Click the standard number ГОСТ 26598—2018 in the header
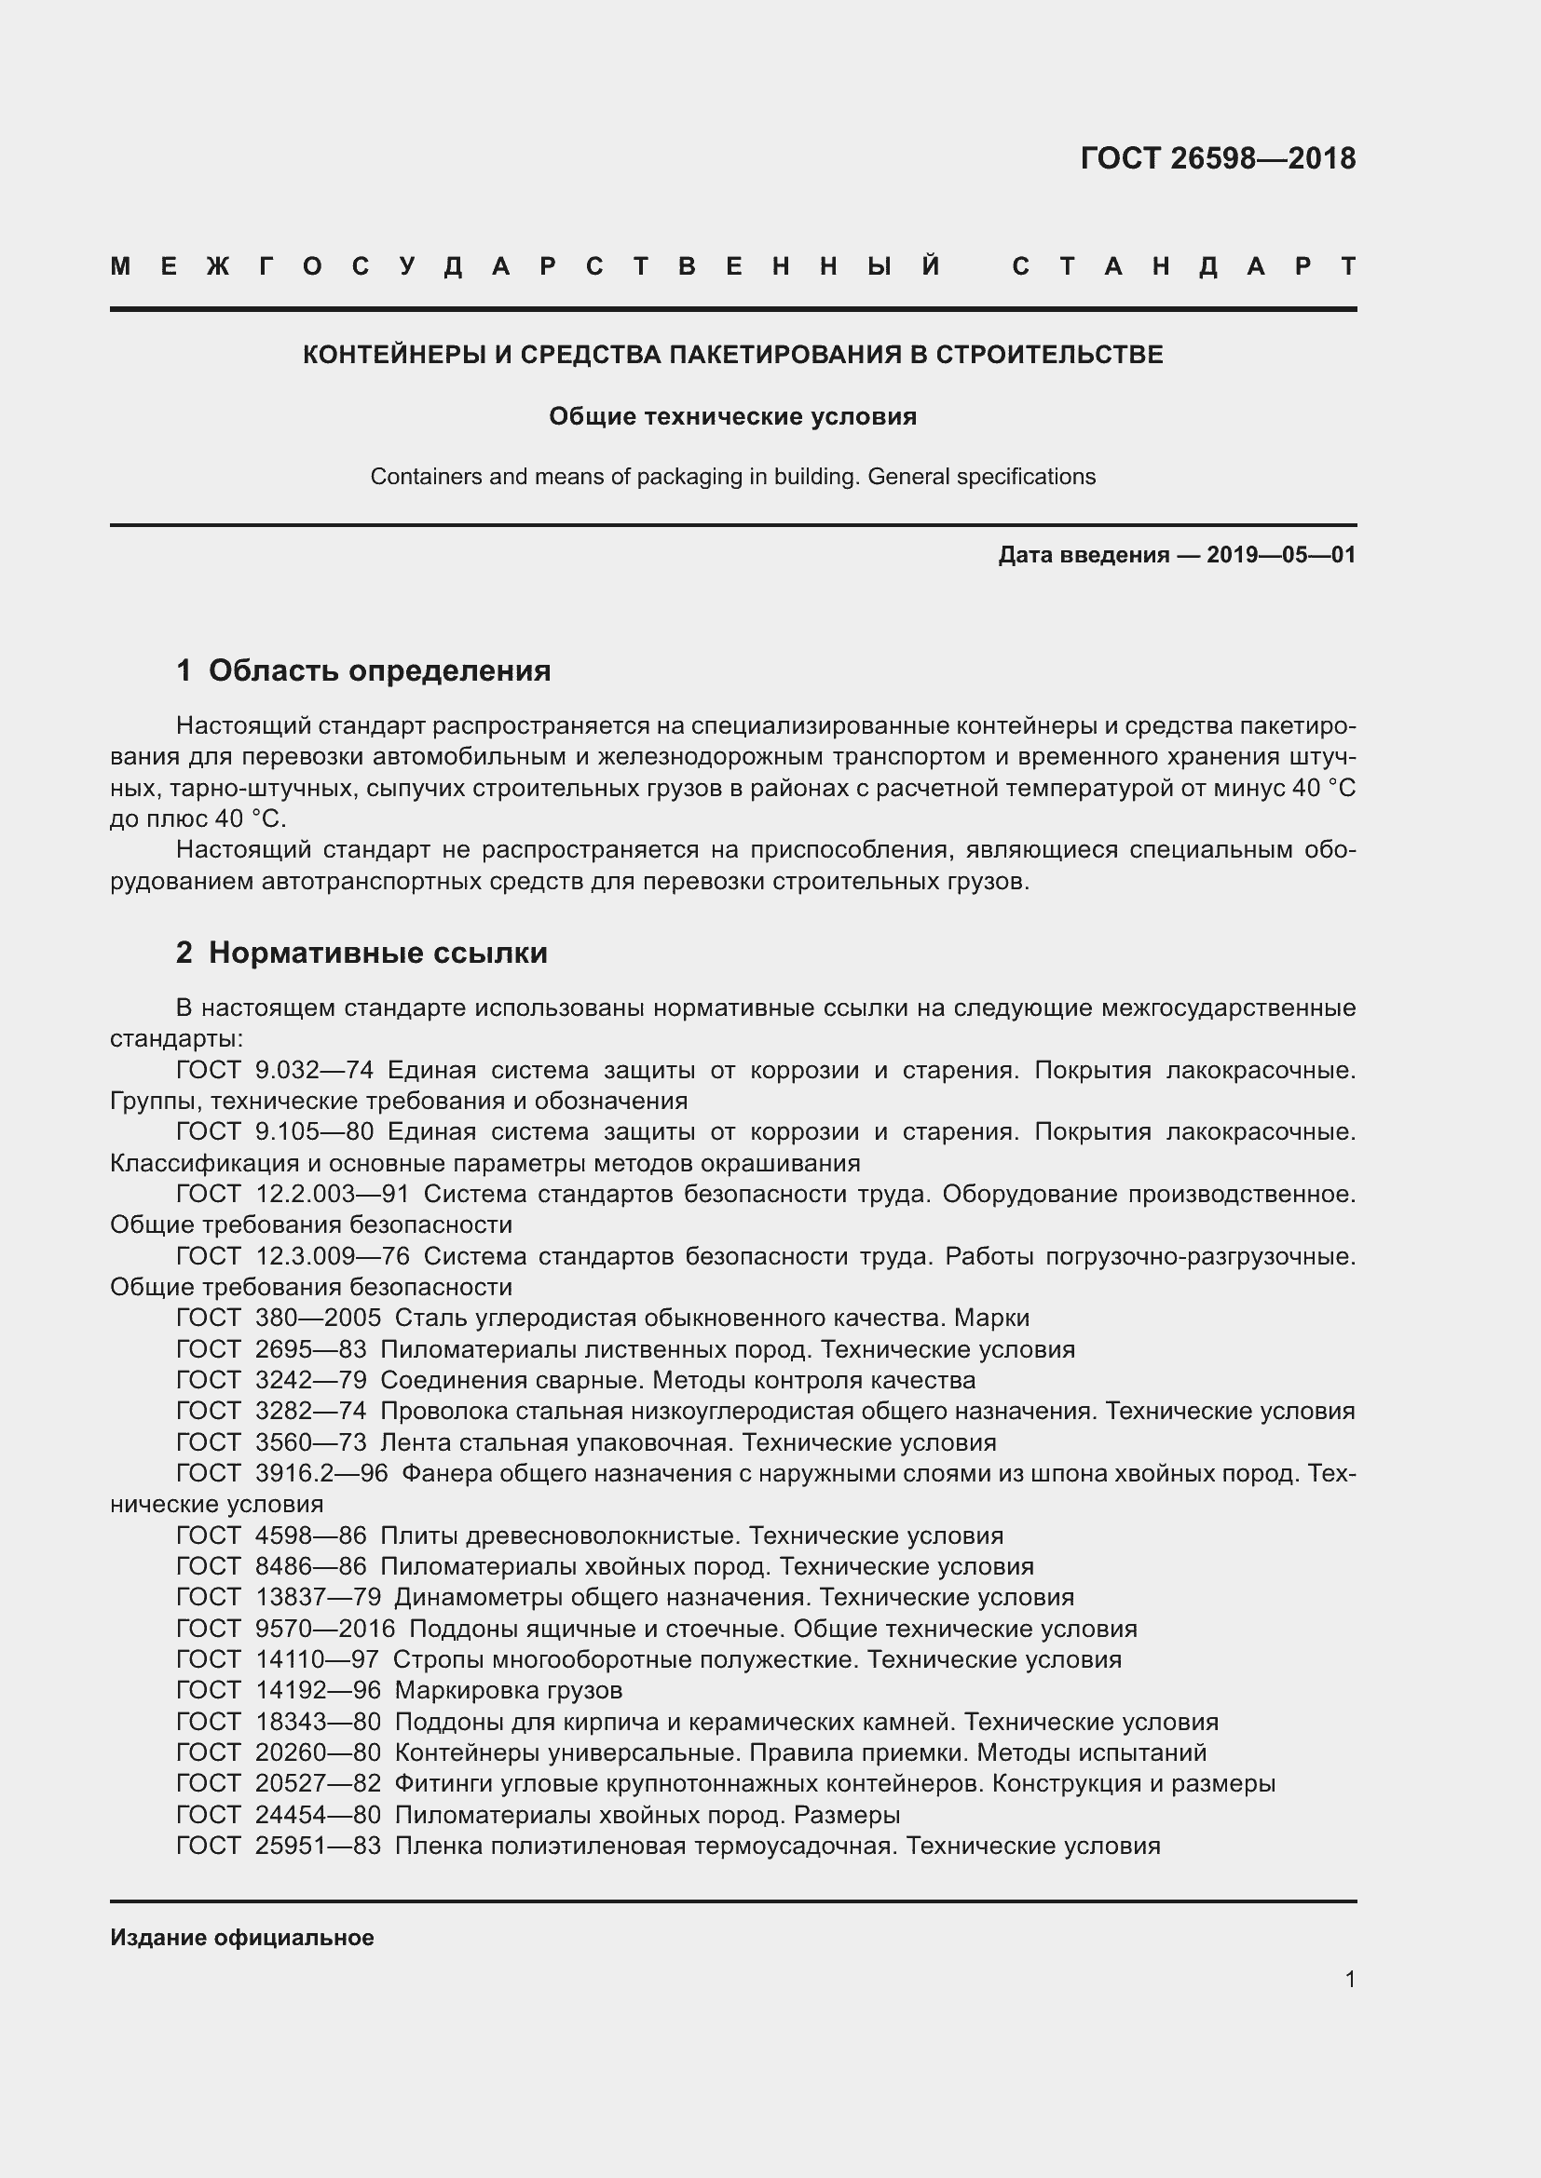tap(1218, 158)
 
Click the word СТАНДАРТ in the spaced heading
tap(1183, 266)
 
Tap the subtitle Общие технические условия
tap(732, 416)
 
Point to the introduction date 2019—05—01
tap(1281, 555)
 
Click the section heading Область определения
tap(379, 670)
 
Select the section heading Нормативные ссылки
tap(377, 953)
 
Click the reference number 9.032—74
tap(314, 1070)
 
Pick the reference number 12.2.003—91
tap(332, 1195)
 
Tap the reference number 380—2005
tap(318, 1318)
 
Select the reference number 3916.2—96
tap(321, 1473)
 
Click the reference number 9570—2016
tap(324, 1629)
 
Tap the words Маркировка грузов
tap(508, 1690)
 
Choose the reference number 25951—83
tap(318, 1846)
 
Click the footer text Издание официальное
tap(242, 1937)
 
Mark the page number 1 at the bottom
tap(1350, 1979)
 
